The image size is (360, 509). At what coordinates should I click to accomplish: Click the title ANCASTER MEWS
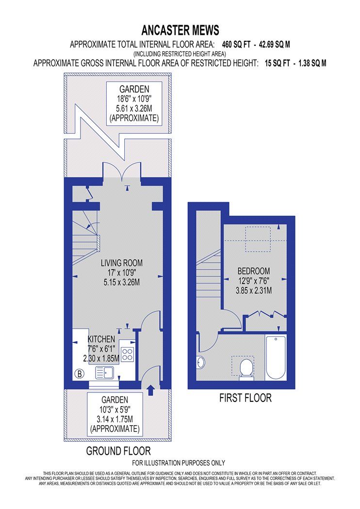[x=180, y=31]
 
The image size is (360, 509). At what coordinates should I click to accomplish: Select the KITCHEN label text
[x=101, y=339]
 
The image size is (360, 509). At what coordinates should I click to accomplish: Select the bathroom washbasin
[x=201, y=361]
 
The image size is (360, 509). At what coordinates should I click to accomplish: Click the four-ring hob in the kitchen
[x=128, y=354]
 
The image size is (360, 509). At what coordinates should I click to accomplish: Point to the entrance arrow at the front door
[x=149, y=389]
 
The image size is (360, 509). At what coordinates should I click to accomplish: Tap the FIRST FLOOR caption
[x=245, y=398]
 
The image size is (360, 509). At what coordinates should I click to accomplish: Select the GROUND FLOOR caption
[x=118, y=451]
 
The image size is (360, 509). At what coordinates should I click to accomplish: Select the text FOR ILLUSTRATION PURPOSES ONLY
[x=179, y=463]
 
